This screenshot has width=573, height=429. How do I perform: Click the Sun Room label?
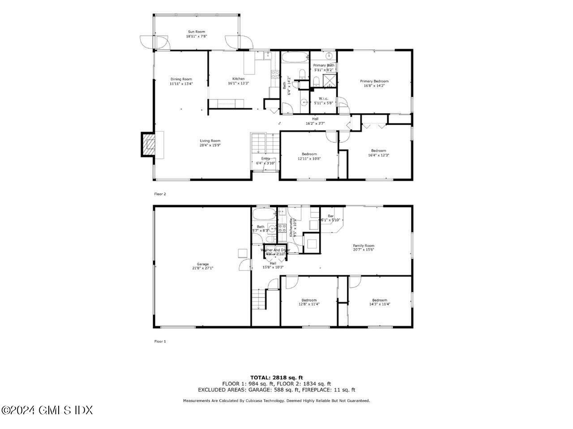(196, 32)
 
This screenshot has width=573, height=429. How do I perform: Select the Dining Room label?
(181, 79)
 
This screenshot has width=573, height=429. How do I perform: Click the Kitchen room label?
(238, 79)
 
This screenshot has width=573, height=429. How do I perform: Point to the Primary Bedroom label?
(374, 81)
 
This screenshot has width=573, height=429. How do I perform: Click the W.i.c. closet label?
(323, 98)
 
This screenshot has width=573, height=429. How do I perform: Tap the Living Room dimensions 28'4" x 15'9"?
(210, 145)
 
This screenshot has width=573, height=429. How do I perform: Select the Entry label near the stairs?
(265, 158)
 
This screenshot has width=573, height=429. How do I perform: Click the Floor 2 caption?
(160, 194)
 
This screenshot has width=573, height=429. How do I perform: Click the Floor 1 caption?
(160, 341)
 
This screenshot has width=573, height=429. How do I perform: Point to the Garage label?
(203, 264)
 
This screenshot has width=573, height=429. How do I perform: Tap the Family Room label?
(363, 246)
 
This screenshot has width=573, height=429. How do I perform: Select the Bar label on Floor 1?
(331, 216)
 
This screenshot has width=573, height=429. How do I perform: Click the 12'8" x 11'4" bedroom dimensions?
(309, 304)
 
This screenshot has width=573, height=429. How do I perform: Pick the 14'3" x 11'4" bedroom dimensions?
(380, 304)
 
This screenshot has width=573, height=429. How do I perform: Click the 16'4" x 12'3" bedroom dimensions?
(378, 155)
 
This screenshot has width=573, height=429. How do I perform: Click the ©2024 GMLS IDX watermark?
(47, 410)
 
